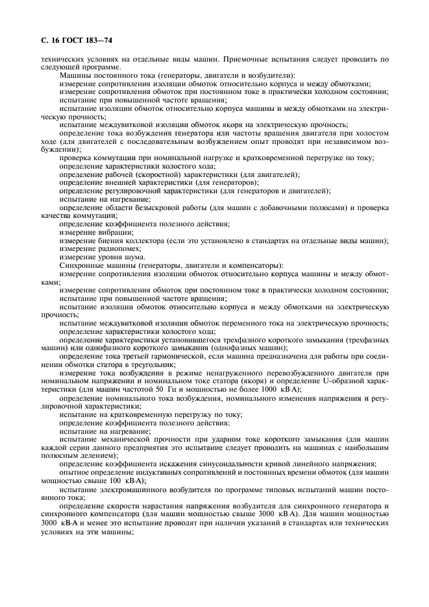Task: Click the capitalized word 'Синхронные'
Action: click(x=82, y=266)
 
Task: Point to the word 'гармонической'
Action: click(x=184, y=356)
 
